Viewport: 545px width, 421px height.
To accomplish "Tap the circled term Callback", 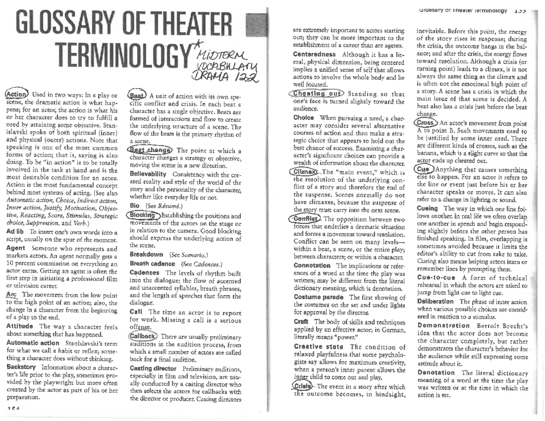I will (x=143, y=336).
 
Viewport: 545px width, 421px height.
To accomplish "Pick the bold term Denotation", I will (x=435, y=372).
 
